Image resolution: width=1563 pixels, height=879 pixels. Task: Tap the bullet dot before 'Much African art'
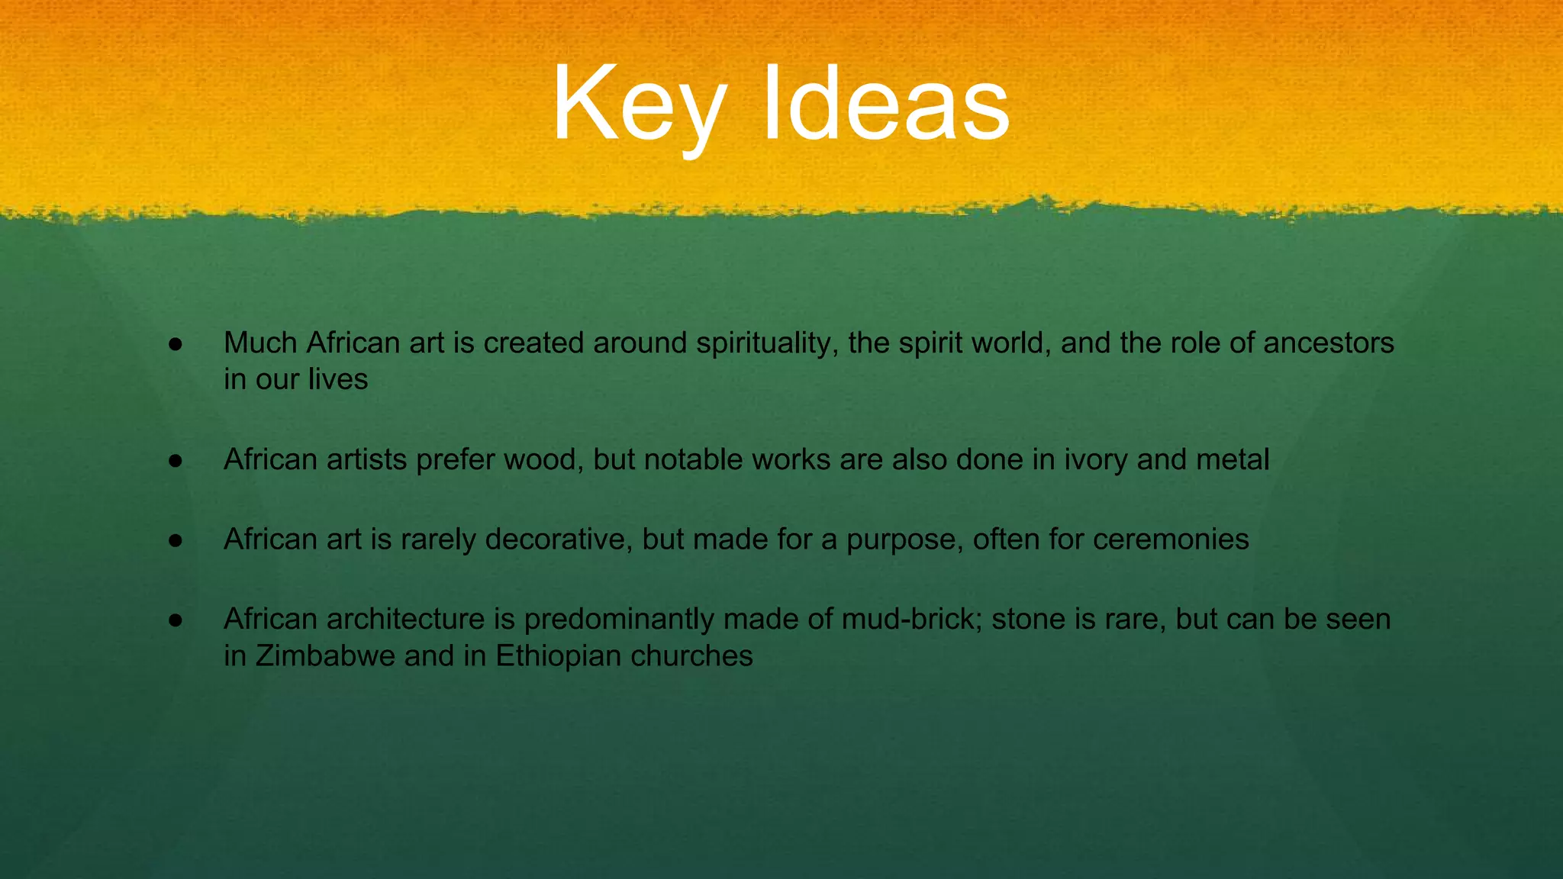pyautogui.click(x=176, y=344)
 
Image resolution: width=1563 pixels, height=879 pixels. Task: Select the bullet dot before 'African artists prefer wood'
pyautogui.click(x=176, y=461)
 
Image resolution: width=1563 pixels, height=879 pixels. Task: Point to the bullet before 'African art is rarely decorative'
pyautogui.click(x=176, y=540)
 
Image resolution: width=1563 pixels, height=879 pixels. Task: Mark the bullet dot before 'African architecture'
pyautogui.click(x=176, y=620)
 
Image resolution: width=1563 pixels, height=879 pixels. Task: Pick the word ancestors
pyautogui.click(x=1328, y=343)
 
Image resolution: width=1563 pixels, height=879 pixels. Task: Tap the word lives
pyautogui.click(x=338, y=380)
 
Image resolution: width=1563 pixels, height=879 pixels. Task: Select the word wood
pyautogui.click(x=543, y=460)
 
